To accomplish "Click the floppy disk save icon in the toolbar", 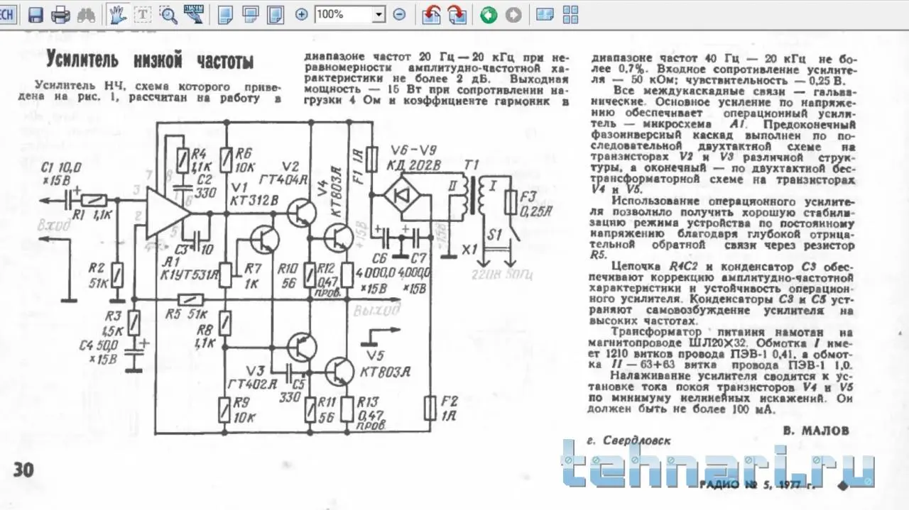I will point(36,14).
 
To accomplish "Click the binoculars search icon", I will point(85,14).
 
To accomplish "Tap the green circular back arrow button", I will point(489,14).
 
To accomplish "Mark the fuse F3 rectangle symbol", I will point(510,203).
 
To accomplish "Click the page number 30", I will point(23,470).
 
